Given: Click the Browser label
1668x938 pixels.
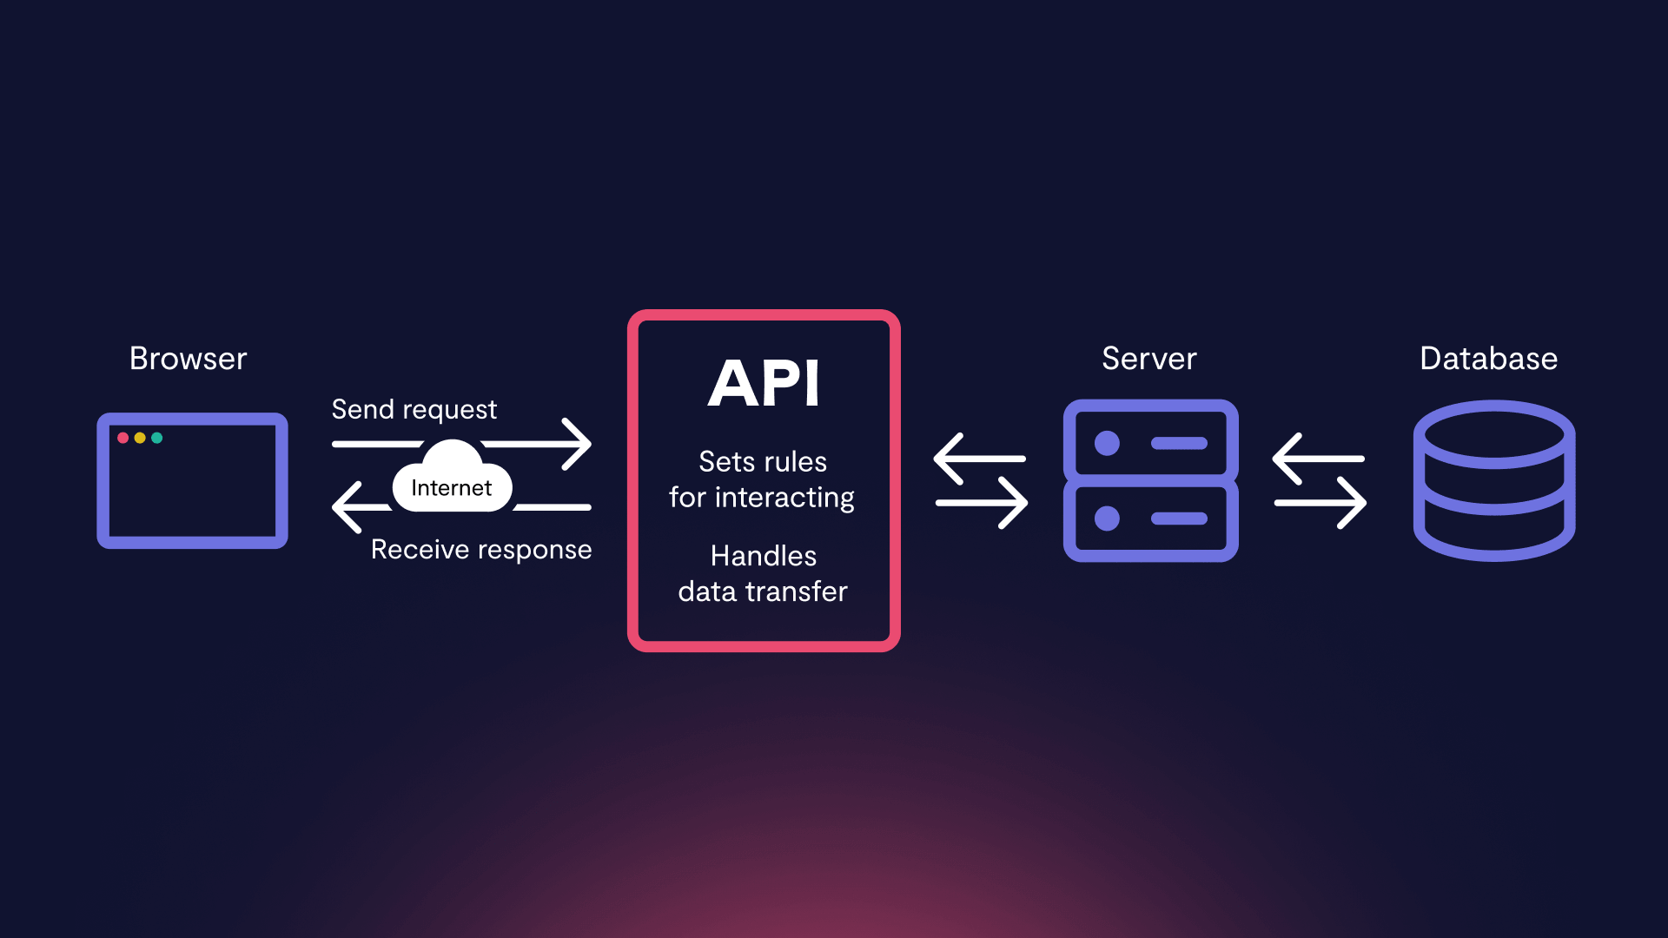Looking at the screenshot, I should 188,359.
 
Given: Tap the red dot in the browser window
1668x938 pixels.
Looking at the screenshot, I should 123,438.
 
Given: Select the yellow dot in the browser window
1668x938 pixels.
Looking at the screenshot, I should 140,438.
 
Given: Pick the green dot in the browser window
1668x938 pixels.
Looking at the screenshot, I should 157,438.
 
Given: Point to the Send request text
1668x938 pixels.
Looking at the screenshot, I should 414,409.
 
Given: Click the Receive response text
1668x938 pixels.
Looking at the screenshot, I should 481,550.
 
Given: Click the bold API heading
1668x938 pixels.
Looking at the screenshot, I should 764,383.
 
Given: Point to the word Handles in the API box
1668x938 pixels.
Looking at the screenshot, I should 763,556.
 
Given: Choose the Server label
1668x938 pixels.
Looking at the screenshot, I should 1148,359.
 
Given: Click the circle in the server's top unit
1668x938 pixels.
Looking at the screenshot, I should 1107,444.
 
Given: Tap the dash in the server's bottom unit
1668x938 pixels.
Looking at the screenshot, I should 1179,519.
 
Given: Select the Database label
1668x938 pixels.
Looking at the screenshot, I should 1488,359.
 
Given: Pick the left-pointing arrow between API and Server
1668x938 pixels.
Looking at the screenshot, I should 978,459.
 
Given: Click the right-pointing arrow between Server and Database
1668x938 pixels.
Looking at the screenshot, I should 1320,503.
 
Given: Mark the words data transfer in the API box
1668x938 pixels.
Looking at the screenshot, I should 763,591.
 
